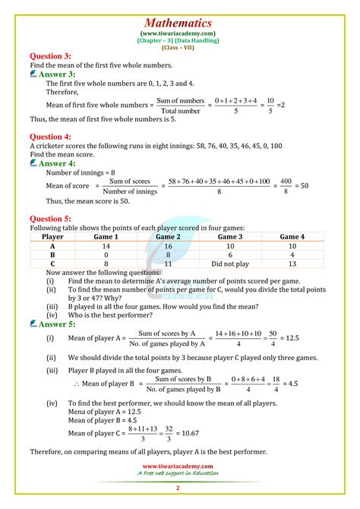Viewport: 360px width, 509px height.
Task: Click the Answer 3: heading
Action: tap(58, 74)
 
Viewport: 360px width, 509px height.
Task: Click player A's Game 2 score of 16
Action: tap(169, 246)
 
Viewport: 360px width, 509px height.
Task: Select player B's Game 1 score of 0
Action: tap(106, 255)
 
